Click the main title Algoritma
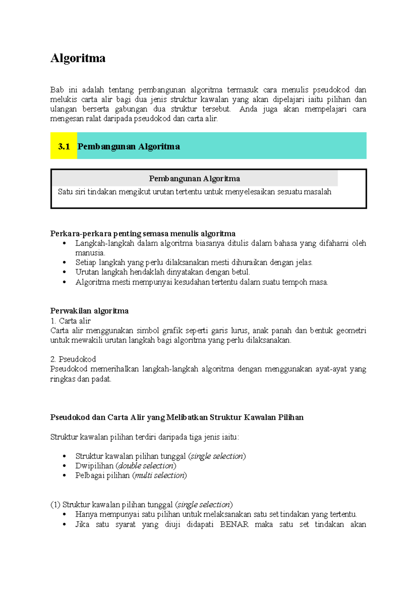pyautogui.click(x=78, y=58)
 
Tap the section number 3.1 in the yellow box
pyautogui.click(x=64, y=146)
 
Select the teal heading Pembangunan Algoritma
pyautogui.click(x=129, y=146)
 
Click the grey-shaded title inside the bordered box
pyautogui.click(x=194, y=178)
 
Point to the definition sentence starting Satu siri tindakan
pyautogui.click(x=194, y=192)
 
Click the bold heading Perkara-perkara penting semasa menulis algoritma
pyautogui.click(x=143, y=233)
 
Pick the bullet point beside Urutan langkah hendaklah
pyautogui.click(x=64, y=272)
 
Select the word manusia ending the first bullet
pyautogui.click(x=90, y=253)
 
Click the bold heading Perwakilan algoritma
pyautogui.click(x=89, y=311)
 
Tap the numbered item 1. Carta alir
pyautogui.click(x=71, y=321)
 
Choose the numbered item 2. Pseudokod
pyautogui.click(x=73, y=359)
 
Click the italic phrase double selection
pyautogui.click(x=146, y=465)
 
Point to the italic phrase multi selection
pyautogui.click(x=160, y=475)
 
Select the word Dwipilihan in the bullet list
pyautogui.click(x=94, y=465)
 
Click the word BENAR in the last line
pyautogui.click(x=234, y=524)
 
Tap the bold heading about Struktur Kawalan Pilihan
pyautogui.click(x=177, y=417)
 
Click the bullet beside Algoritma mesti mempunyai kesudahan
pyautogui.click(x=64, y=282)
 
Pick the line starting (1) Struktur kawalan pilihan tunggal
pyautogui.click(x=141, y=504)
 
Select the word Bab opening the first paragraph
pyautogui.click(x=57, y=90)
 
